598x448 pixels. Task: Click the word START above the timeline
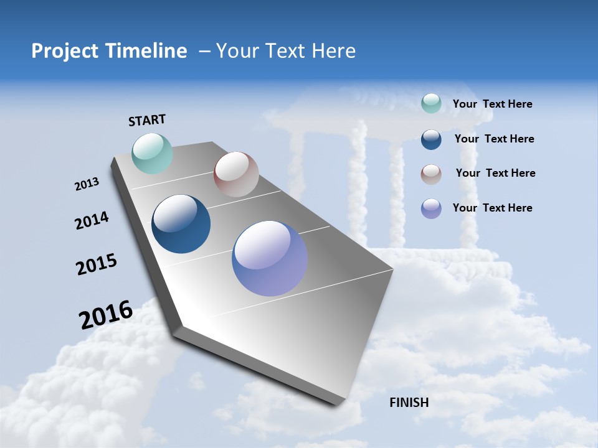(x=147, y=120)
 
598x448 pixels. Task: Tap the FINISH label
(x=409, y=403)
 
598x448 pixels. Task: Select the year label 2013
(x=87, y=184)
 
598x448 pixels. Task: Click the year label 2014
(x=92, y=221)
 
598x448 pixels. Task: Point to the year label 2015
(x=97, y=264)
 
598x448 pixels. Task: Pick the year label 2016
(x=106, y=315)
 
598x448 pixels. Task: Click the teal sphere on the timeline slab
(x=153, y=154)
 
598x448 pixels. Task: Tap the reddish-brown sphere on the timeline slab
(x=236, y=174)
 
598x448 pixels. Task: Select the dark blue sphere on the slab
(x=181, y=224)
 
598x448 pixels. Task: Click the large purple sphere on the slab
(x=270, y=258)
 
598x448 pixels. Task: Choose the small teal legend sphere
(x=431, y=103)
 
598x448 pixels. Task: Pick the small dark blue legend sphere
(x=431, y=139)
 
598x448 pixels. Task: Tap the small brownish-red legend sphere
(x=431, y=174)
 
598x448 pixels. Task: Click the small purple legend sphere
(x=431, y=208)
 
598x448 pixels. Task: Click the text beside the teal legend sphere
(x=492, y=104)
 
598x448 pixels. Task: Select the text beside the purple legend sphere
(x=492, y=208)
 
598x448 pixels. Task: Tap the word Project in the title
(x=62, y=51)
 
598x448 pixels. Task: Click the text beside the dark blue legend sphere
(x=494, y=139)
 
